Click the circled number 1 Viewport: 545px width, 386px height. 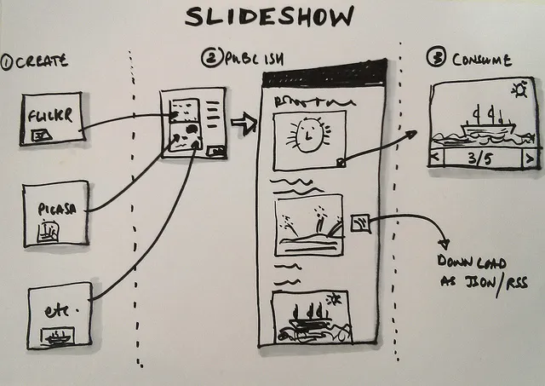(7, 62)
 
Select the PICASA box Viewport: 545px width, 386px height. (56, 213)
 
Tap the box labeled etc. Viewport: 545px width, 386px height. (59, 315)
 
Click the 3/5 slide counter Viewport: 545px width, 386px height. (483, 158)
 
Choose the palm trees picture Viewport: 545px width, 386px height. (307, 225)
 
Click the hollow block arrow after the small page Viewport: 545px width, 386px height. (244, 126)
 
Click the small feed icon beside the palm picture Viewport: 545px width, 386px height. (359, 223)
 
